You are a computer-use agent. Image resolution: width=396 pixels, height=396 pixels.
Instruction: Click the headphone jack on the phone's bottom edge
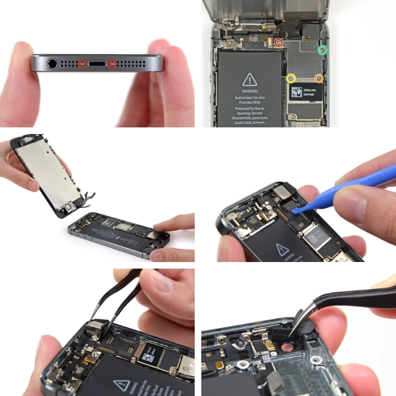(52, 64)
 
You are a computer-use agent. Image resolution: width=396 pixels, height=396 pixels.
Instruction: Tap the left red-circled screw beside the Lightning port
(82, 64)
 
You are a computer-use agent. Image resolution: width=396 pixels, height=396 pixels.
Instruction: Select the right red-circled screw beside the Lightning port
(112, 64)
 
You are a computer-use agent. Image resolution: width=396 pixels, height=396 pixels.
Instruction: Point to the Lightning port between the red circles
(97, 64)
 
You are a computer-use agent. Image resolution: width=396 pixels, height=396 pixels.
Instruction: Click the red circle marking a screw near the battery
(279, 43)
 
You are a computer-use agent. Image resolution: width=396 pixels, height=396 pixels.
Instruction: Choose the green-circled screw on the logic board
(322, 50)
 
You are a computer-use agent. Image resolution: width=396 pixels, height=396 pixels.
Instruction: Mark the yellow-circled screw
(291, 78)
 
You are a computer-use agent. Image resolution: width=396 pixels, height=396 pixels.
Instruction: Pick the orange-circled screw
(319, 78)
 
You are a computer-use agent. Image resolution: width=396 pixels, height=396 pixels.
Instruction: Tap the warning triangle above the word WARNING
(249, 78)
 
